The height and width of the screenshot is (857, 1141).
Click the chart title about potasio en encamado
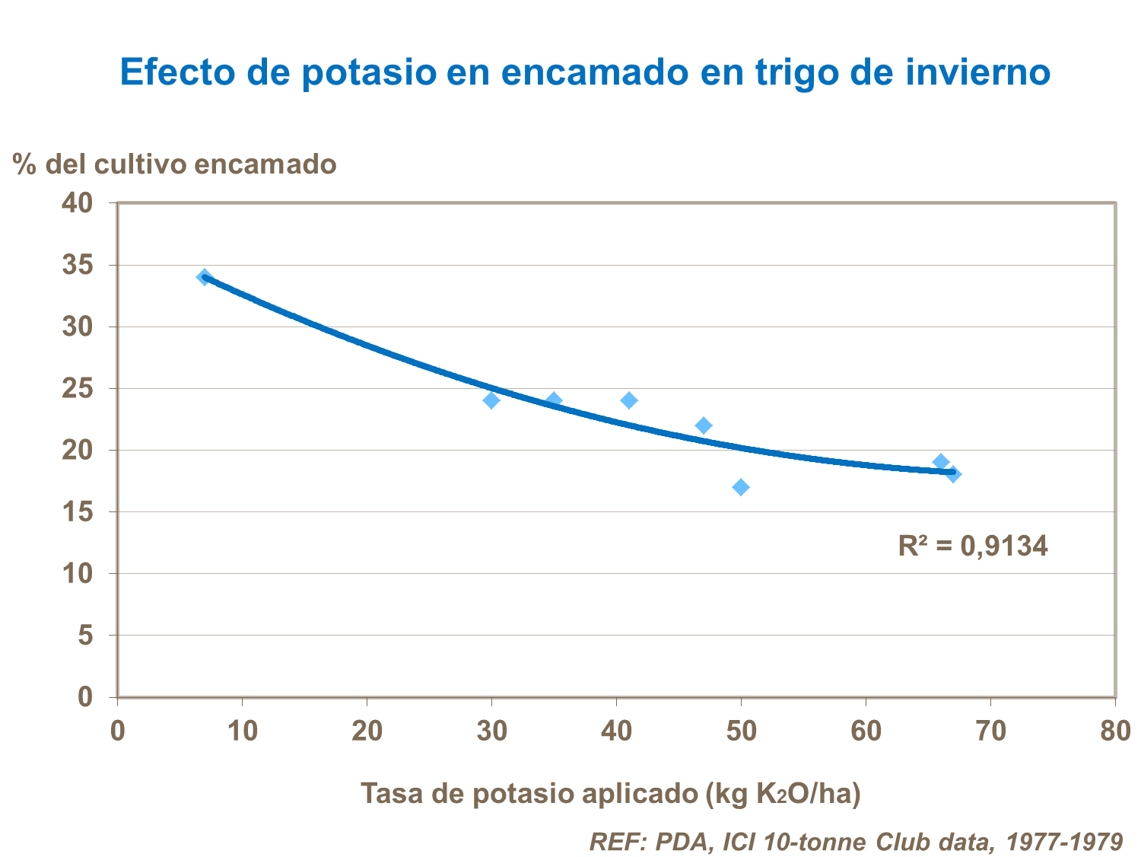(585, 72)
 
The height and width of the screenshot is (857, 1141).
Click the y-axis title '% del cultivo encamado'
(174, 164)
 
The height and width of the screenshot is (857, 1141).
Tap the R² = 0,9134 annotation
(972, 546)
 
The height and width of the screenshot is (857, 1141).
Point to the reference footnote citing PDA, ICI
(856, 841)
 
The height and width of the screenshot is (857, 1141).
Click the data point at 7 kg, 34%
(205, 277)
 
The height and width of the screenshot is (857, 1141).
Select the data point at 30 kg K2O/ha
(491, 400)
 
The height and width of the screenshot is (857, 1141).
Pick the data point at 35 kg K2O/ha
(554, 400)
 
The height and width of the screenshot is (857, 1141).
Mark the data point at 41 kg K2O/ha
(629, 400)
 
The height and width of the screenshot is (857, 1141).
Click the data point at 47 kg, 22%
(704, 425)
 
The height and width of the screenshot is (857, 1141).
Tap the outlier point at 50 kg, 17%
(741, 487)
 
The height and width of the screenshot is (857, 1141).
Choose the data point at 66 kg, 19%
(941, 462)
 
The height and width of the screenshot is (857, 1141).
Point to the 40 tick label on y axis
(77, 203)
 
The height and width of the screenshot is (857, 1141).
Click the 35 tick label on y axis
(77, 265)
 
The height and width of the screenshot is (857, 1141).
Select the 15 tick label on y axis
(77, 511)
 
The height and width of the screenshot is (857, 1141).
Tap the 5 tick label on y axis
(84, 635)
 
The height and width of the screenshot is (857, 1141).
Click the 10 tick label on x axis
(242, 731)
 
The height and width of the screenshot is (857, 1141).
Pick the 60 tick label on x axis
(866, 731)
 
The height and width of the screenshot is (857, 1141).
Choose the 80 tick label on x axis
(1114, 731)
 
